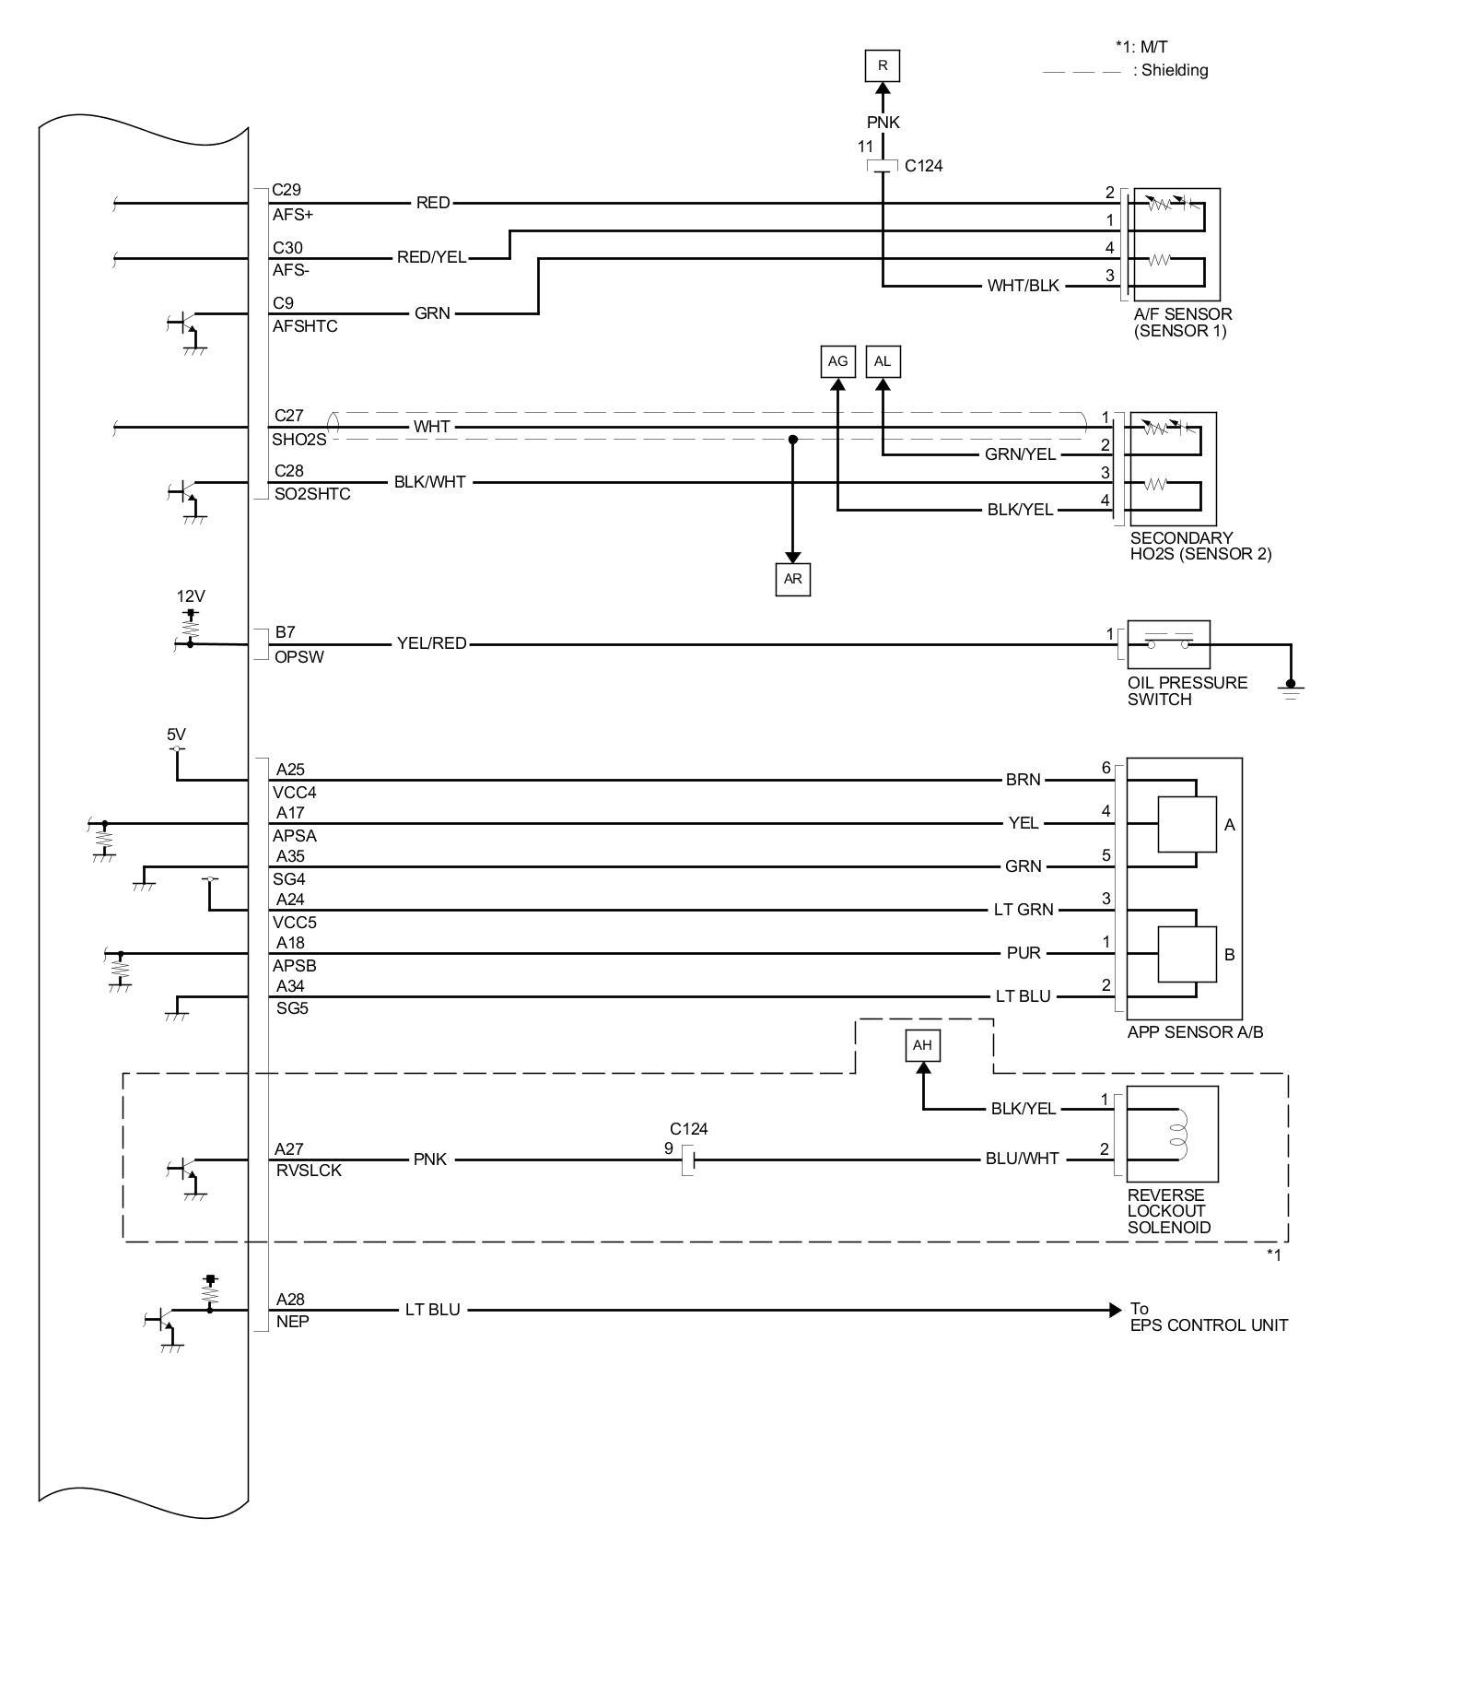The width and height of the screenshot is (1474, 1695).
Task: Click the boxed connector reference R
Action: pos(882,65)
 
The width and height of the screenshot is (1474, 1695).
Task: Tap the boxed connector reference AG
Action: pos(837,361)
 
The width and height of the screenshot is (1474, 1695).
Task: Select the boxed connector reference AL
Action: pos(883,361)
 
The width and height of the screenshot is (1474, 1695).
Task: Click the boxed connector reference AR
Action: pos(792,579)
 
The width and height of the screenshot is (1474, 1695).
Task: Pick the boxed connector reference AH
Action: pos(922,1045)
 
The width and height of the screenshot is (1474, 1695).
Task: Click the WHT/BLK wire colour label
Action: pos(1023,286)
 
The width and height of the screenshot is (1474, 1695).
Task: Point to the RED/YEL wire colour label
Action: pos(431,257)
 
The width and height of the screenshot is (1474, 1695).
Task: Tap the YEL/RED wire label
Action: pos(431,643)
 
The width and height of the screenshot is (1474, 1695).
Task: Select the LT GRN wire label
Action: pos(1023,910)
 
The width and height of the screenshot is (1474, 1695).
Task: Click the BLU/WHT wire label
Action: pos(1022,1159)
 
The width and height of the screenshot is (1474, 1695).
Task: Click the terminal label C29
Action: pos(287,190)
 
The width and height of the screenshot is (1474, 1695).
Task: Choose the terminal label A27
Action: pos(289,1148)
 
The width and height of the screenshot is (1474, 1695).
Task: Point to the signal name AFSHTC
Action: pos(305,326)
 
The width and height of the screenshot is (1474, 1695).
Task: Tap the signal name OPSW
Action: pos(299,657)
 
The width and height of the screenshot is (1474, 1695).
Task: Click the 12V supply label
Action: pos(191,596)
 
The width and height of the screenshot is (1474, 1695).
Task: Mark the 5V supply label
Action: pos(176,735)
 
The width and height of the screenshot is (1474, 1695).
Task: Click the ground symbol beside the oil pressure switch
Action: pos(1291,689)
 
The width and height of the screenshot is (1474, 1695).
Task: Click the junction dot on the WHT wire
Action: pos(792,440)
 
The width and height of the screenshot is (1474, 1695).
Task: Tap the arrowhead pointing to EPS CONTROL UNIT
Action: pos(1116,1310)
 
